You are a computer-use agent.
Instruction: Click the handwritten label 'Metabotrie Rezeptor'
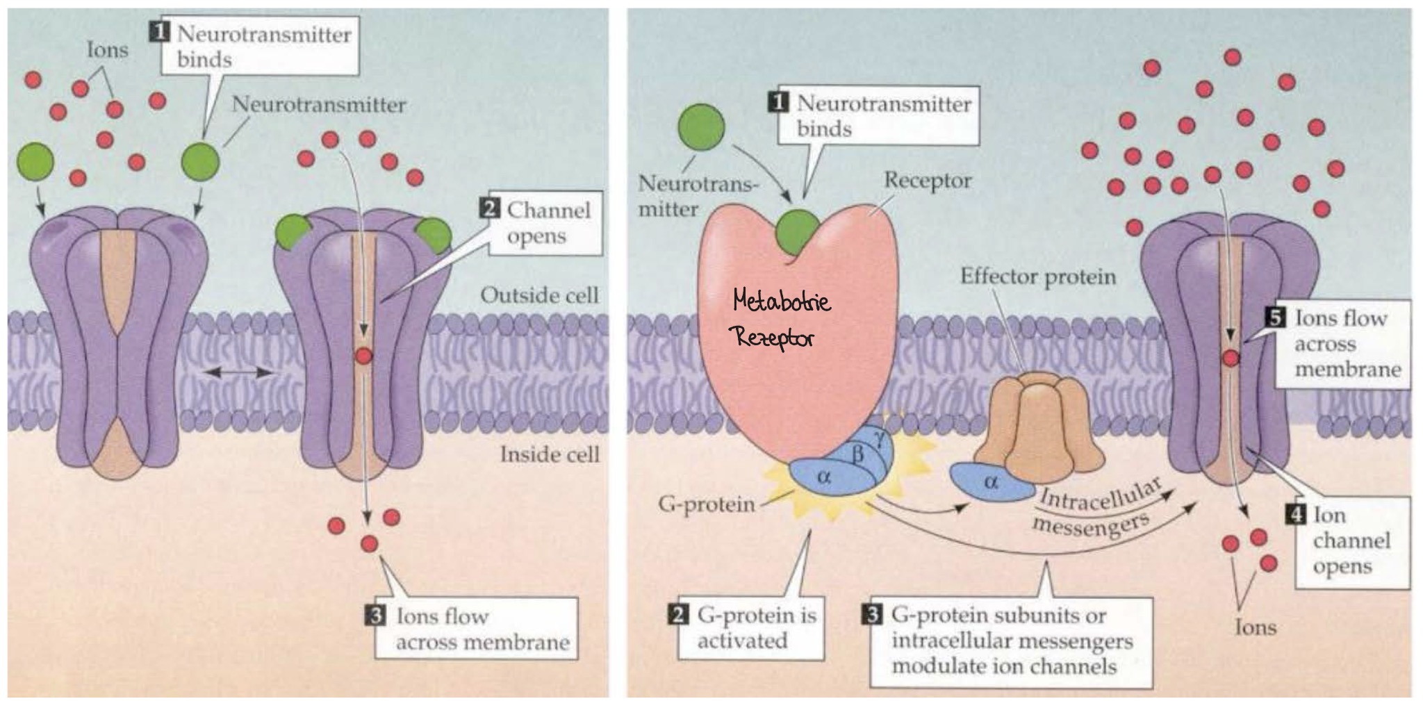pos(782,320)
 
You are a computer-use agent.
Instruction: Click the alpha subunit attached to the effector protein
pos(990,482)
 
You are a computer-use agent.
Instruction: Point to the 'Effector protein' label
pos(1038,277)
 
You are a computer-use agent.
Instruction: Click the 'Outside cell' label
pos(539,295)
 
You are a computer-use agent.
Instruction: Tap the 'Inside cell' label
pos(550,454)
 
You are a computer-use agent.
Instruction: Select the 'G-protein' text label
pos(707,504)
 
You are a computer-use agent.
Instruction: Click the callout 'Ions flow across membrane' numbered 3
pos(475,628)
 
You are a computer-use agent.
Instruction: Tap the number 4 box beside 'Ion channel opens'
pos(1297,515)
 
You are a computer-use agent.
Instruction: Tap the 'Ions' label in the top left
pos(108,49)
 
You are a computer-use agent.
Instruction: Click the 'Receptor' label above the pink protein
pos(928,181)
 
